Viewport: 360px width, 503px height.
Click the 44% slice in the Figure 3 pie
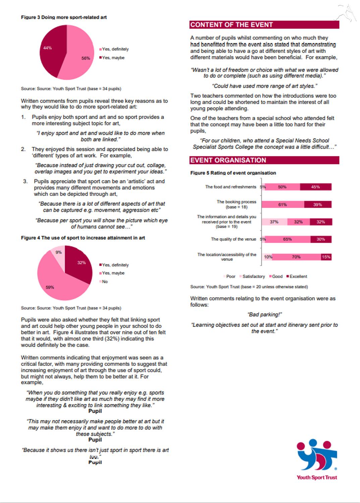50,50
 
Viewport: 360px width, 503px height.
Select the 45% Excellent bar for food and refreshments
315,187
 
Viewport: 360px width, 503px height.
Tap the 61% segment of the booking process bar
283,205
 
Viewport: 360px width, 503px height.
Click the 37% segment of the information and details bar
274,222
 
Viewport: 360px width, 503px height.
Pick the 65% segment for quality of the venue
288,239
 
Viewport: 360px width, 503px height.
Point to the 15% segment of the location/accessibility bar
326,257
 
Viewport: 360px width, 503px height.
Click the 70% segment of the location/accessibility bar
296,257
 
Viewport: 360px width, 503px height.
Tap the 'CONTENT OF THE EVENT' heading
264,25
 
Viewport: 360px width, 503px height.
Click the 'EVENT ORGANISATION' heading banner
264,160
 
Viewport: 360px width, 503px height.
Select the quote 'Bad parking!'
264,315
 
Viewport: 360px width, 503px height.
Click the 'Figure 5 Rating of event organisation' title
233,173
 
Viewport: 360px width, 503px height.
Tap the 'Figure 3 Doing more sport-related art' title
64,17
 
